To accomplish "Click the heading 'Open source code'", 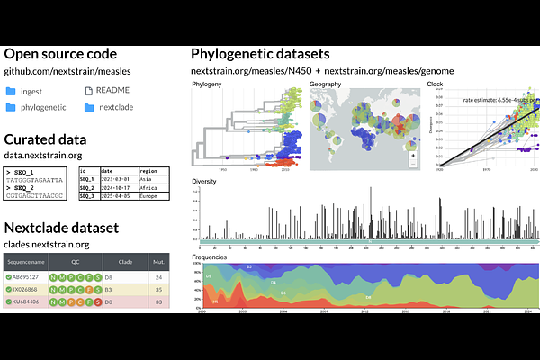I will pyautogui.click(x=59, y=55).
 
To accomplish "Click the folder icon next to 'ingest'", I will pyautogui.click(x=11, y=91).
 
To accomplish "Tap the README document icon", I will pyautogui.click(x=89, y=91).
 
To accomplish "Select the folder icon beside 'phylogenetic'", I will pyautogui.click(x=11, y=108).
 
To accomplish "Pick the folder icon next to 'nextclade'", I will pyautogui.click(x=89, y=108).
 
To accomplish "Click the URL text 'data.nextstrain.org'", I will pyautogui.click(x=43, y=155).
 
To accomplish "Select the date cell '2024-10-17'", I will pyautogui.click(x=118, y=186).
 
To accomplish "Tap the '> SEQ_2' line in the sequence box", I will pyautogui.click(x=22, y=186).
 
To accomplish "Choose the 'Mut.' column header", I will pyautogui.click(x=158, y=261).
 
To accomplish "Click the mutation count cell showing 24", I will pyautogui.click(x=158, y=277).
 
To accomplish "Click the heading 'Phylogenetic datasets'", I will pyautogui.click(x=260, y=55).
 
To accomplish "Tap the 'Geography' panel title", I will pyautogui.click(x=325, y=84).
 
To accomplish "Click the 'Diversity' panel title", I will pyautogui.click(x=206, y=181).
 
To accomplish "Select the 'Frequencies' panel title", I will pyautogui.click(x=211, y=257).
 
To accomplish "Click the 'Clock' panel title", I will pyautogui.click(x=435, y=84).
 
